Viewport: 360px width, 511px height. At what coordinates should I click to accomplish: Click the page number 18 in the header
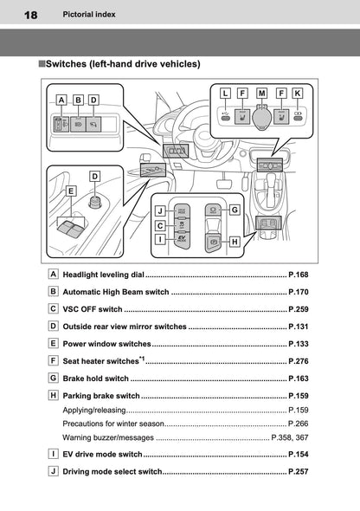tap(30, 16)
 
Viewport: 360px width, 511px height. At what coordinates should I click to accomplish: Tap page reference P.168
tap(298, 275)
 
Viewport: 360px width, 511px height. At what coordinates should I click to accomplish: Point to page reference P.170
tap(298, 292)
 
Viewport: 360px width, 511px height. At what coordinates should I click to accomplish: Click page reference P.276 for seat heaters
tap(298, 360)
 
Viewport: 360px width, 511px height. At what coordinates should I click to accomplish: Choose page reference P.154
tap(298, 454)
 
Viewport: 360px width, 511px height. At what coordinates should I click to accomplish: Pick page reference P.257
tap(298, 471)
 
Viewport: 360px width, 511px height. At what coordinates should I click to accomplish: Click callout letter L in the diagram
tap(225, 92)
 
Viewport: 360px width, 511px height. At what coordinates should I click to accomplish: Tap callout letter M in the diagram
tap(261, 92)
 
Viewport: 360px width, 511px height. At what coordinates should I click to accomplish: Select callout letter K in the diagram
tap(298, 92)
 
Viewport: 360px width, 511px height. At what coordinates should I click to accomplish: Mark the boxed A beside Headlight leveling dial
tap(55, 274)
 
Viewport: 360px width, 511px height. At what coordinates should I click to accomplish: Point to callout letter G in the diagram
tap(235, 209)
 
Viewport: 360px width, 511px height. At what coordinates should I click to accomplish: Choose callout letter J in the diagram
tap(160, 210)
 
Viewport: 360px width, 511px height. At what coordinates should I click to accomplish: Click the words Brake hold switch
tap(96, 378)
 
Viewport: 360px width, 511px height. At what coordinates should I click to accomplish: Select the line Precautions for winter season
tap(112, 424)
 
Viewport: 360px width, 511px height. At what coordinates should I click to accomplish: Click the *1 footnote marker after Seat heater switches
tap(142, 357)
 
